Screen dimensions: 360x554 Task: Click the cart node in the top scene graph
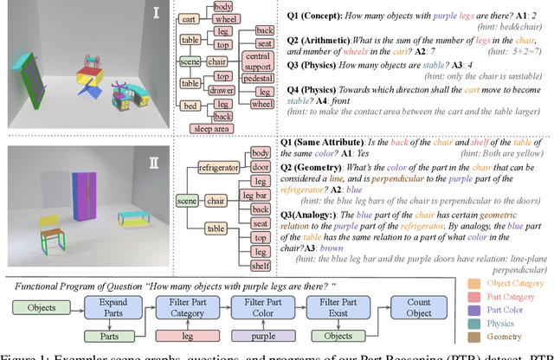click(191, 18)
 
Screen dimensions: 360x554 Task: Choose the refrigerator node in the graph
click(218, 166)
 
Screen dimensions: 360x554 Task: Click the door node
click(260, 168)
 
